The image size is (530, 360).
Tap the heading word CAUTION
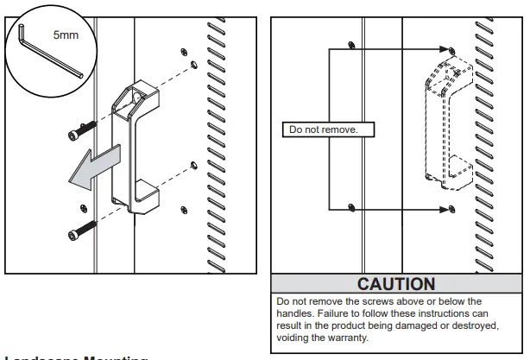coord(396,283)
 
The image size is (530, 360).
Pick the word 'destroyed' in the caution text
coord(472,326)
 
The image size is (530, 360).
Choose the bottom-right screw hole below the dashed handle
coord(453,208)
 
